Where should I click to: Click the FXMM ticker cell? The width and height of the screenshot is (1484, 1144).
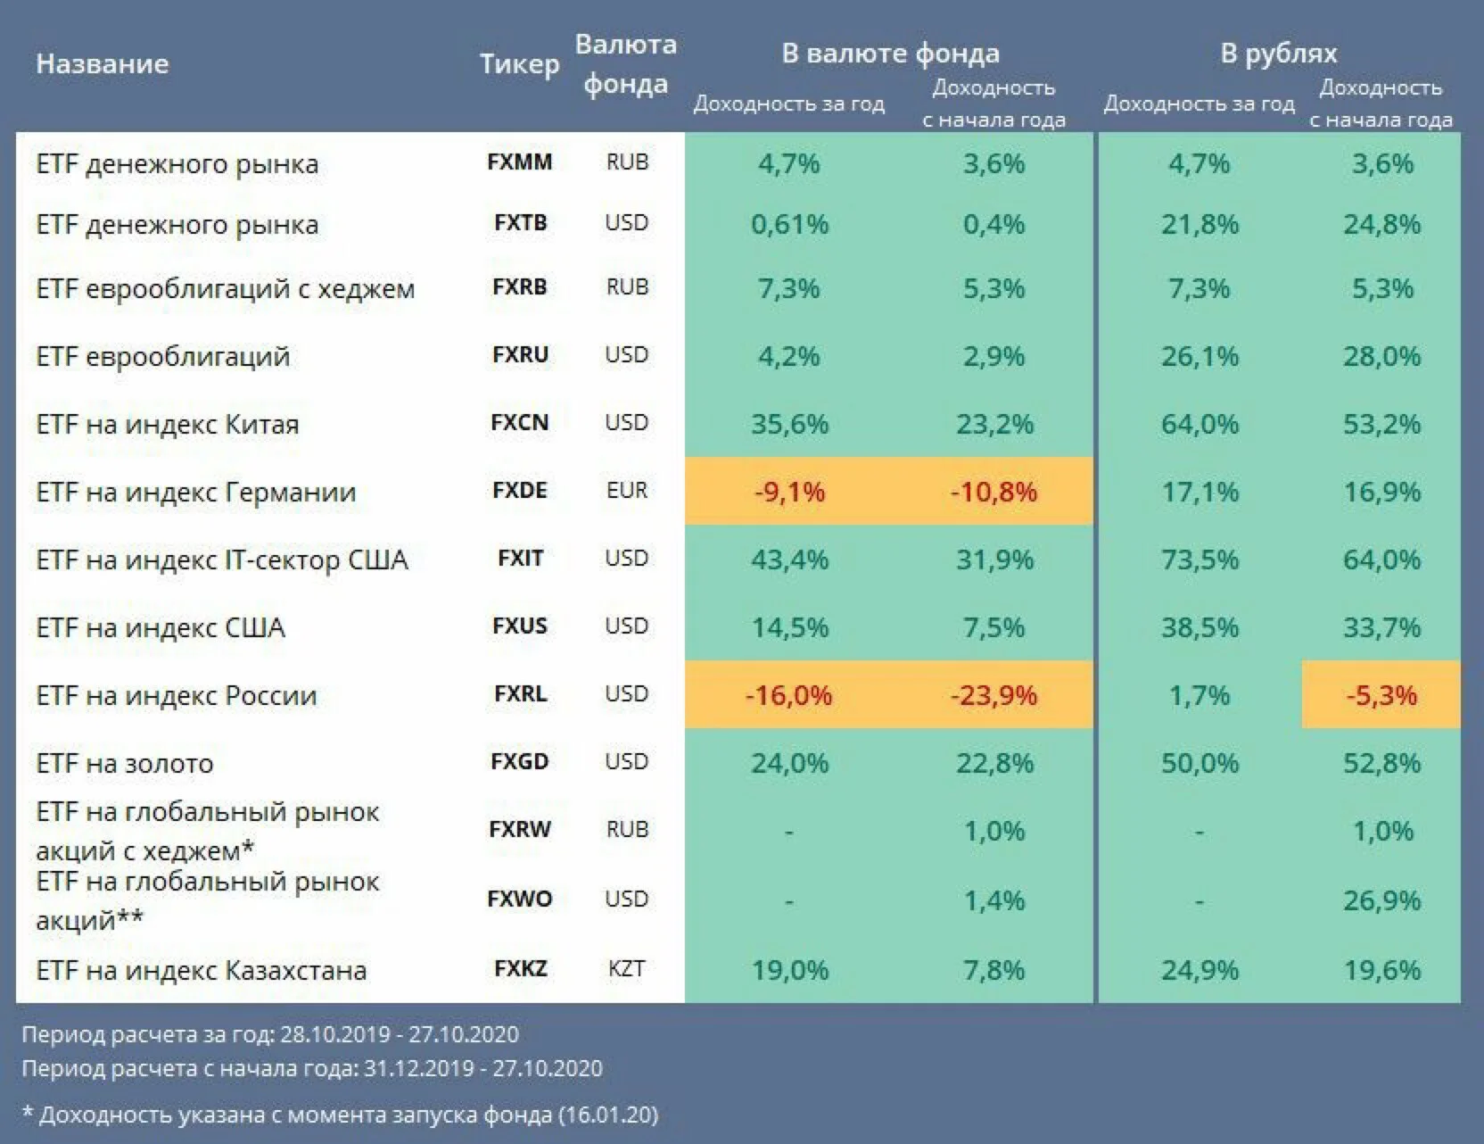pyautogui.click(x=519, y=162)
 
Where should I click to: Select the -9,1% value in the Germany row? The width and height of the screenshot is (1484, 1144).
pyautogui.click(x=789, y=492)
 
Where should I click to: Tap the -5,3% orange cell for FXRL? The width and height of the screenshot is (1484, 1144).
pyautogui.click(x=1381, y=695)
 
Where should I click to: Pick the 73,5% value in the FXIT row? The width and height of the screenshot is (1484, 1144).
pyautogui.click(x=1200, y=560)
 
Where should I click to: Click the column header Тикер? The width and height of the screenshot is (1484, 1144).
pyautogui.click(x=519, y=63)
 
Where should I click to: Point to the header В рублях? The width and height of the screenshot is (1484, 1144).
pyautogui.click(x=1279, y=54)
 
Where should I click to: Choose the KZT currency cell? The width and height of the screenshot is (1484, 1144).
pyautogui.click(x=626, y=969)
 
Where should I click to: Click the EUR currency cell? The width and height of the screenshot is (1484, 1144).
pyautogui.click(x=626, y=491)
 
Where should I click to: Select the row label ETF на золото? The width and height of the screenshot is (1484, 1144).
pyautogui.click(x=125, y=764)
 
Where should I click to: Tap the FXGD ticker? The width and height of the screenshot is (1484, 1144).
pyautogui.click(x=519, y=762)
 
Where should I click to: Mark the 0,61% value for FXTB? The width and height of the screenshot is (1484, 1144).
pyautogui.click(x=789, y=224)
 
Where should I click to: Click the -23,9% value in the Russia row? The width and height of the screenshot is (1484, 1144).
pyautogui.click(x=993, y=695)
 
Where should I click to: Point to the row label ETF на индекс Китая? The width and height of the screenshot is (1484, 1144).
pyautogui.click(x=167, y=425)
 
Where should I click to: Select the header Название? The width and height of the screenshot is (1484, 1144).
pyautogui.click(x=102, y=63)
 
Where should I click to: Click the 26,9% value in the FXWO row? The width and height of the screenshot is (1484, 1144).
pyautogui.click(x=1381, y=900)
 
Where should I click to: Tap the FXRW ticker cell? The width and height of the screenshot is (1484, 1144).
pyautogui.click(x=519, y=830)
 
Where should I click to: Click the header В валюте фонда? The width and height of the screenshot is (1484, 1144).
pyautogui.click(x=890, y=54)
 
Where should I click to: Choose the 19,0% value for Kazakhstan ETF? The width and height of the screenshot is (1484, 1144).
pyautogui.click(x=789, y=970)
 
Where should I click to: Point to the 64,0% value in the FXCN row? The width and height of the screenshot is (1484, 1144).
pyautogui.click(x=1200, y=424)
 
